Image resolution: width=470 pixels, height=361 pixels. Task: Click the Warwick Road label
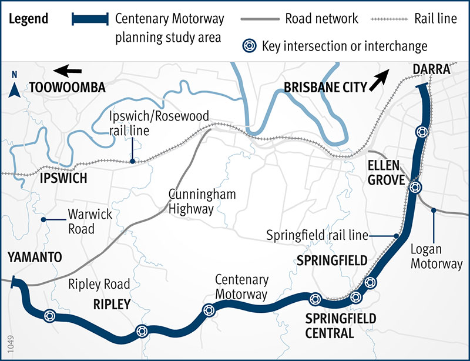pyautogui.click(x=81, y=222)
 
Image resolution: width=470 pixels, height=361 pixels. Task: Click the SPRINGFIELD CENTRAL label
pyautogui.click(x=333, y=326)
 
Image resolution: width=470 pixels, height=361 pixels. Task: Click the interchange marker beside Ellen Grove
pyautogui.click(x=415, y=188)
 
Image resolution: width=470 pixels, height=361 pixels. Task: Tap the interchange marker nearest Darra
pyautogui.click(x=419, y=132)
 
